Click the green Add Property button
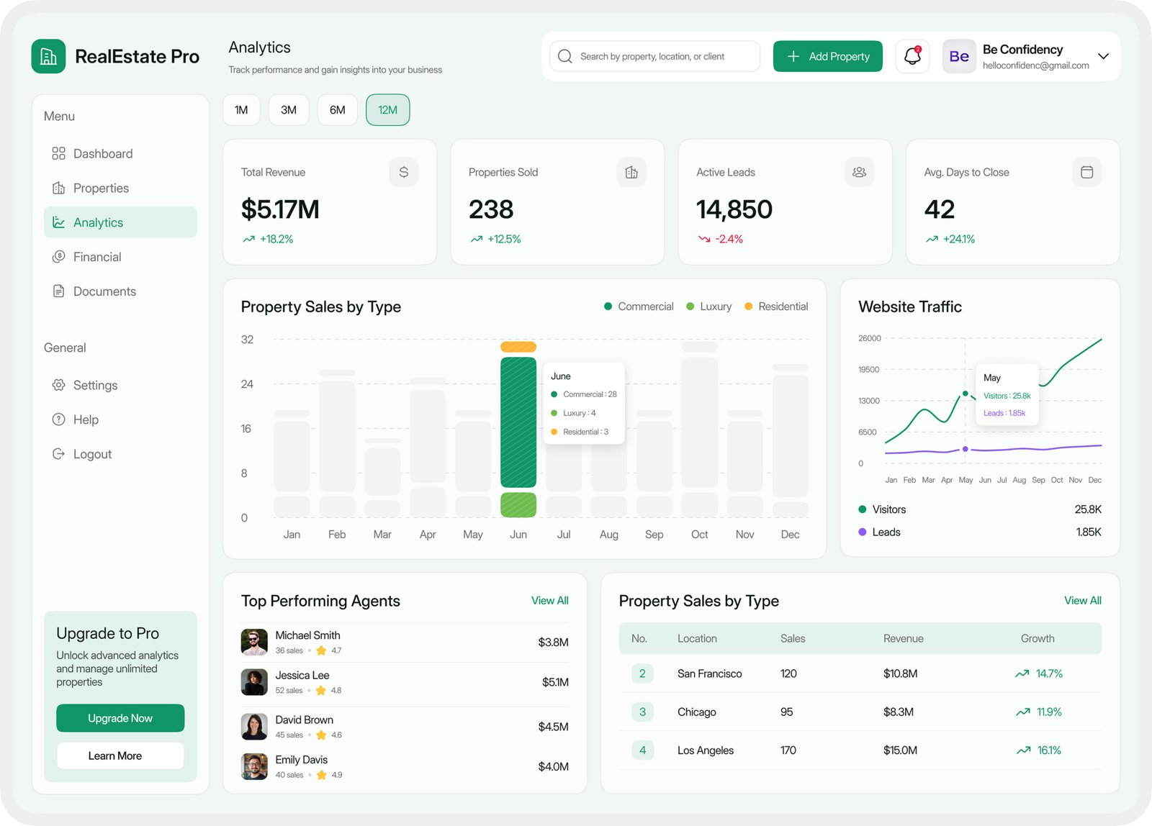[827, 56]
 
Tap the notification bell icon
[912, 56]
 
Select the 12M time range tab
[387, 110]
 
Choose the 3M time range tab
[289, 110]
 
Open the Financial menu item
[97, 257]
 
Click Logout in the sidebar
[92, 454]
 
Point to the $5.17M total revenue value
[280, 209]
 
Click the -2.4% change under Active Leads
[729, 239]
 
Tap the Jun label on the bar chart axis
[518, 535]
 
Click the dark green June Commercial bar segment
[518, 422]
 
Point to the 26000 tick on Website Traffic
[870, 338]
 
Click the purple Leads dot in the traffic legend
[863, 532]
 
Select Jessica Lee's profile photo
[254, 681]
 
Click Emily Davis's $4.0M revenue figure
[553, 767]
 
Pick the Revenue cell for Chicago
[899, 712]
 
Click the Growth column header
[1038, 638]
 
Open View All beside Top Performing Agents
[549, 601]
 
